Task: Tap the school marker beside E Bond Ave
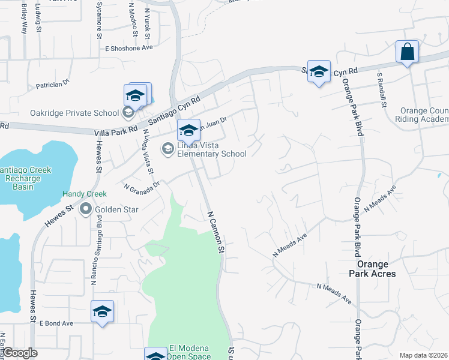click(103, 312)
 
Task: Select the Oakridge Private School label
click(75, 113)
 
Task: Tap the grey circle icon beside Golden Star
click(85, 209)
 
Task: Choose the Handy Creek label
click(85, 194)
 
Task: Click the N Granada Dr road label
click(142, 186)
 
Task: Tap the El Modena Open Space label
click(190, 352)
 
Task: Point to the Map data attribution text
click(423, 355)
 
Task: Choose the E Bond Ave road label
click(56, 323)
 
